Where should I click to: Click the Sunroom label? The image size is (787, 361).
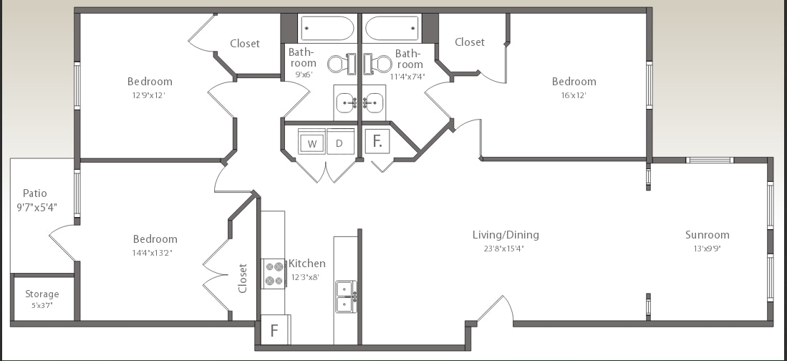pyautogui.click(x=707, y=235)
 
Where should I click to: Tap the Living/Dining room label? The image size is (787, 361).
pyautogui.click(x=506, y=235)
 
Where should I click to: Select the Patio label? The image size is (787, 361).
pyautogui.click(x=34, y=193)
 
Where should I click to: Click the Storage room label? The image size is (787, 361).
pyautogui.click(x=42, y=294)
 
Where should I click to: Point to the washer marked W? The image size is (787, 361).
pyautogui.click(x=312, y=143)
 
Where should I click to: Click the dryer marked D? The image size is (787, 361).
pyautogui.click(x=340, y=143)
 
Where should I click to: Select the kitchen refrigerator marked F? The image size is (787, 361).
pyautogui.click(x=274, y=331)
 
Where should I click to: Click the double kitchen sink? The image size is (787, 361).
pyautogui.click(x=346, y=296)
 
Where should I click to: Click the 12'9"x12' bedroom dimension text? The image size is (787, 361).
pyautogui.click(x=150, y=95)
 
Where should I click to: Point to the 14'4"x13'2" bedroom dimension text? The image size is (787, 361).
pyautogui.click(x=155, y=252)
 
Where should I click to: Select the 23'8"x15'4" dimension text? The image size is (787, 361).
pyautogui.click(x=506, y=249)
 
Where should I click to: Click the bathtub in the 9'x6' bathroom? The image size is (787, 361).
pyautogui.click(x=327, y=29)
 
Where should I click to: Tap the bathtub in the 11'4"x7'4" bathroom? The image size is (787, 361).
pyautogui.click(x=392, y=29)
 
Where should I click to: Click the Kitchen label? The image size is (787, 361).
pyautogui.click(x=306, y=264)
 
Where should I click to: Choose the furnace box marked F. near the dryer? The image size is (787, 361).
pyautogui.click(x=377, y=141)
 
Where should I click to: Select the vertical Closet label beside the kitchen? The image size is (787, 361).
pyautogui.click(x=243, y=278)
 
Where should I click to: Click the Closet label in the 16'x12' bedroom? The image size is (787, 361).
pyautogui.click(x=470, y=42)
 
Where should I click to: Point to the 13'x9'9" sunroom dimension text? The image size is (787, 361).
pyautogui.click(x=707, y=249)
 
